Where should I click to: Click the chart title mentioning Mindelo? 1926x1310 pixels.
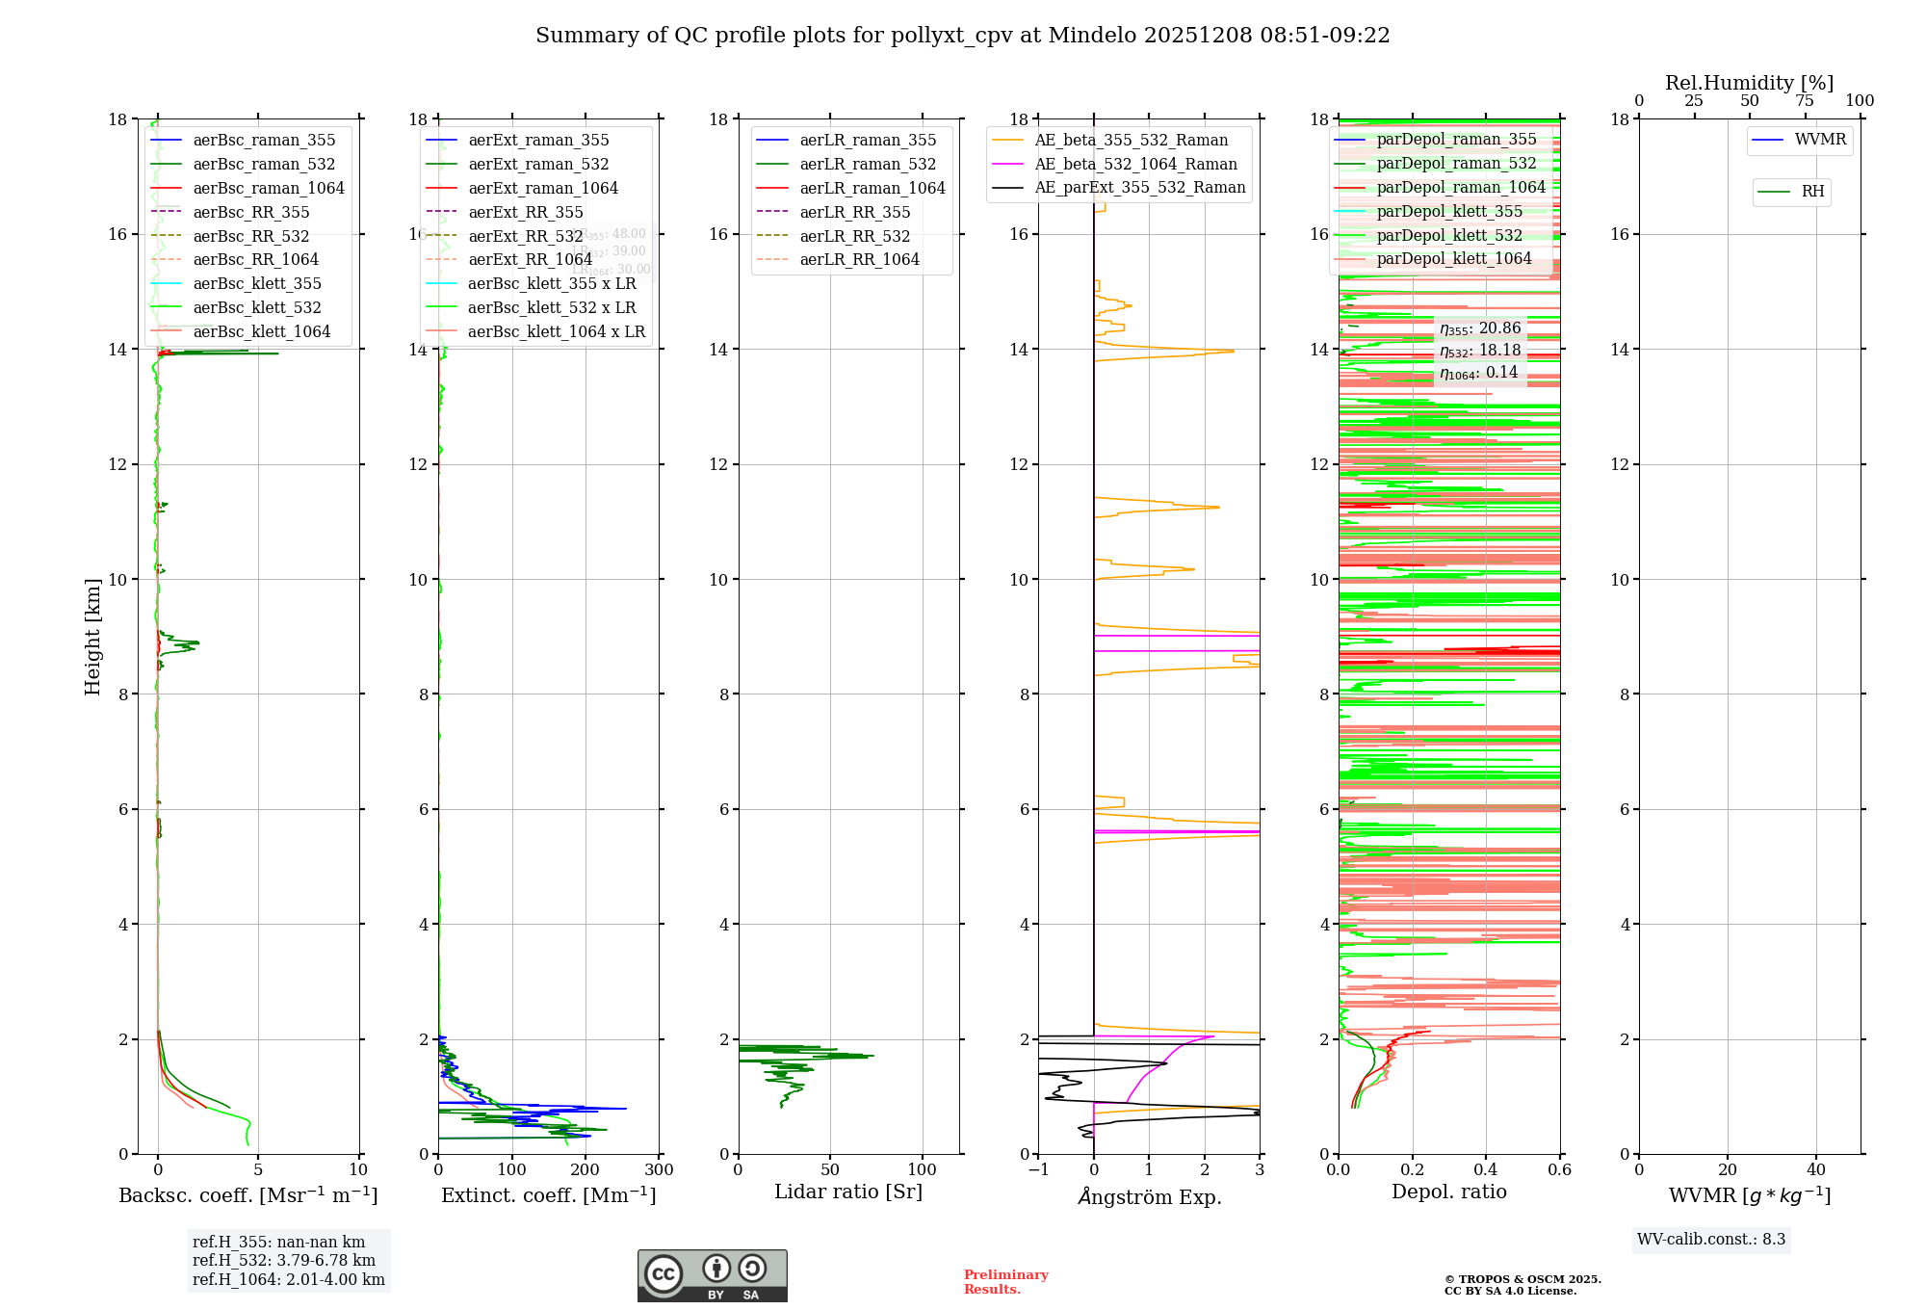[962, 36]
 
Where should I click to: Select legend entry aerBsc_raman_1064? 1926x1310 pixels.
[268, 188]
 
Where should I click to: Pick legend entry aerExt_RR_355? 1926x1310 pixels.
[525, 212]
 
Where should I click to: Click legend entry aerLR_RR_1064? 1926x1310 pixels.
[859, 259]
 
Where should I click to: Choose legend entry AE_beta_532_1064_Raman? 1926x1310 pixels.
[1135, 164]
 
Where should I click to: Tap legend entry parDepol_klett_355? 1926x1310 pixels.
[1449, 211]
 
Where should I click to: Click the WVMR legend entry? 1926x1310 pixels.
[1820, 140]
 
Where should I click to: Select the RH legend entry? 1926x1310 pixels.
[1812, 192]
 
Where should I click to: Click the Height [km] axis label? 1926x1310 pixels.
[92, 637]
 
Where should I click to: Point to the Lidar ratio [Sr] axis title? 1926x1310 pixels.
[847, 1192]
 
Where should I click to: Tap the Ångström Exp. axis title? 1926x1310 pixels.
[1149, 1196]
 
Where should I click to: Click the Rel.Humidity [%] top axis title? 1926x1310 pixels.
[1749, 83]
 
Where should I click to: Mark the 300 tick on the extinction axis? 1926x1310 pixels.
[660, 1170]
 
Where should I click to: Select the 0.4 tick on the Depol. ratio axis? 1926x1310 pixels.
[1486, 1170]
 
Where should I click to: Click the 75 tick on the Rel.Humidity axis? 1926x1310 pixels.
[1805, 101]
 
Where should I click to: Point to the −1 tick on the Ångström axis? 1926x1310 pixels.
[1037, 1170]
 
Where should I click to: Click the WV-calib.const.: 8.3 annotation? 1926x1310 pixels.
[1710, 1239]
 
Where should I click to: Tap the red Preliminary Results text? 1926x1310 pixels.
[1005, 1282]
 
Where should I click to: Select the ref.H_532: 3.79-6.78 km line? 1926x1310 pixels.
[283, 1260]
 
